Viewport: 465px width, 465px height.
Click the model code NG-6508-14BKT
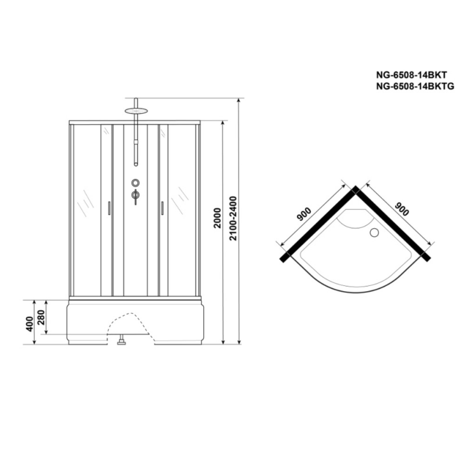pos(412,74)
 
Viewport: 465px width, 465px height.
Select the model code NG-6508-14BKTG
pos(415,86)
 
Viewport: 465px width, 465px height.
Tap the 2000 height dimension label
pos(218,218)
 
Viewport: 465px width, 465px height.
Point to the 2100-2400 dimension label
pos(233,218)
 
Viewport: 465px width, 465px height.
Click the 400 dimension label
pos(29,324)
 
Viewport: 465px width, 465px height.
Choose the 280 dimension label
pos(41,317)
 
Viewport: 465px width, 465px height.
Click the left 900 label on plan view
pos(304,214)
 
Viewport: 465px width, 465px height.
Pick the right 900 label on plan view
pos(402,209)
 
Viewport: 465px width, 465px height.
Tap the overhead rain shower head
pos(136,111)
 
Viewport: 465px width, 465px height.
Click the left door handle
pos(109,208)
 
